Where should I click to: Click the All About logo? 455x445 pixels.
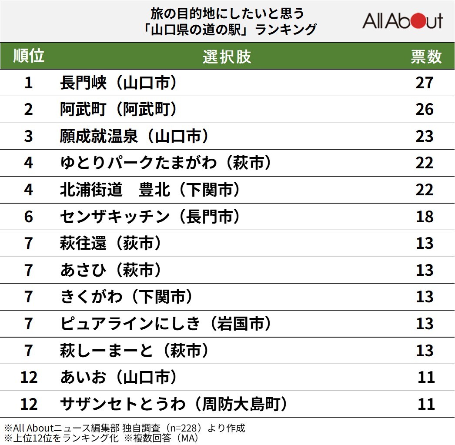tap(402, 21)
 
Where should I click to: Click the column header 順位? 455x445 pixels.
tap(29, 56)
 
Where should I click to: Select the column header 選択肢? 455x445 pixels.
tap(227, 57)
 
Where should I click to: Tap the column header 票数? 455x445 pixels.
tap(426, 57)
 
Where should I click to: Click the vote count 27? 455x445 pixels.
tap(425, 83)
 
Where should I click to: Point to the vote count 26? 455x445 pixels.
tap(425, 109)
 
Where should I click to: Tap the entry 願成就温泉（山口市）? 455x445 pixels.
tap(134, 136)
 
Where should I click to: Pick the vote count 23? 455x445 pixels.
tap(425, 136)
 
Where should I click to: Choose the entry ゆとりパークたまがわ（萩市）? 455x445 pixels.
tap(166, 163)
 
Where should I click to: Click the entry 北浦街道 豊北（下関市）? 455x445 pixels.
tap(150, 190)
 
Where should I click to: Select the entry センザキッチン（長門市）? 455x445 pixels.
tap(150, 217)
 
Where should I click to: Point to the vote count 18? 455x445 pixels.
tap(425, 217)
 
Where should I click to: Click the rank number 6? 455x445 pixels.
tap(29, 217)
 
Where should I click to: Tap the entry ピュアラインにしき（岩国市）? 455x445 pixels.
tap(166, 324)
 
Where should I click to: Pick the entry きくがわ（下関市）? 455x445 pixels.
tap(127, 297)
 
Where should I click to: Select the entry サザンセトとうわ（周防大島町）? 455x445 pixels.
tap(174, 404)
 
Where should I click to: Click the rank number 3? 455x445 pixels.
tap(29, 136)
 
